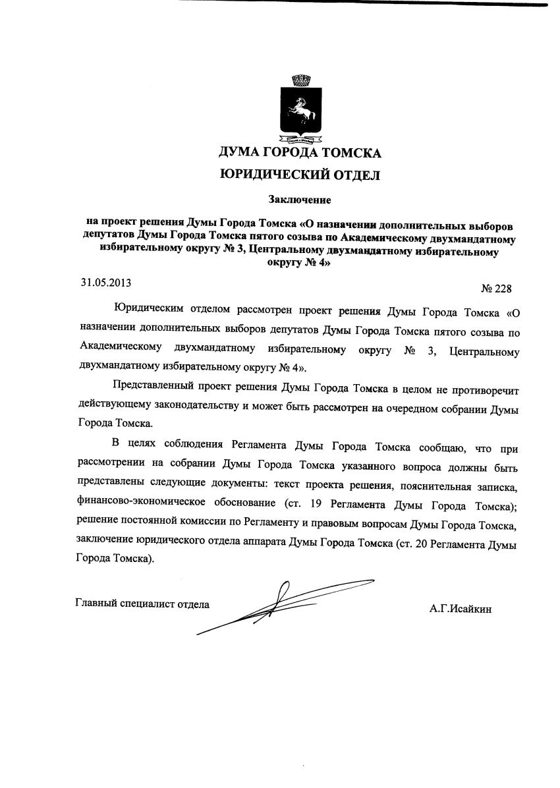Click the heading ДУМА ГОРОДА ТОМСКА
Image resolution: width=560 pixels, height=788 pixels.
pos(300,154)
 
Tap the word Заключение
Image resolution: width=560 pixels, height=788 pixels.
pos(300,199)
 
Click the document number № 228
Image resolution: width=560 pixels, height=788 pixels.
pos(497,289)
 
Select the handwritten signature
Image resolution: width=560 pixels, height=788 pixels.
pos(283,603)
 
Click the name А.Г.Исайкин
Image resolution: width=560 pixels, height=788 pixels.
pos(461,609)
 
